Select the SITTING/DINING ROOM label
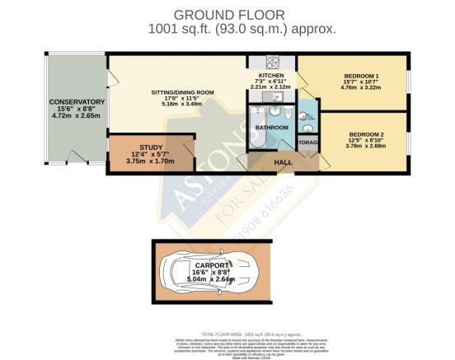[x=179, y=92]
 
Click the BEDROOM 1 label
[x=352, y=76]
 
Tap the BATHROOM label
[x=271, y=128]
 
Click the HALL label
[x=284, y=162]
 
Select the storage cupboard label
[x=308, y=143]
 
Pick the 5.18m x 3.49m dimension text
[x=179, y=105]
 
